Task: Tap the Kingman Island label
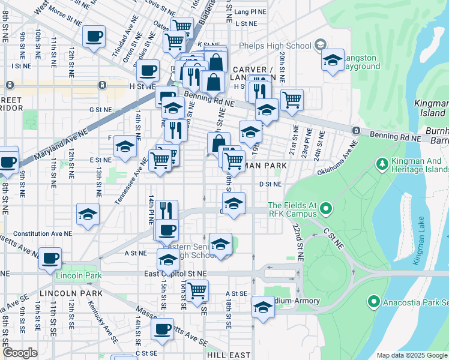pyautogui.click(x=430, y=108)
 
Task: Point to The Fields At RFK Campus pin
pyautogui.click(x=326, y=209)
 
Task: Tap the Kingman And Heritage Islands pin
pyautogui.click(x=381, y=163)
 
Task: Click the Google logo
pyautogui.click(x=20, y=353)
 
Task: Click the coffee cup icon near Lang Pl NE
pyautogui.click(x=93, y=36)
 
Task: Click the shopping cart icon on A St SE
pyautogui.click(x=196, y=290)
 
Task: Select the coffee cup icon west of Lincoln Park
pyautogui.click(x=50, y=257)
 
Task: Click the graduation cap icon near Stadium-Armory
pyautogui.click(x=262, y=307)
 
